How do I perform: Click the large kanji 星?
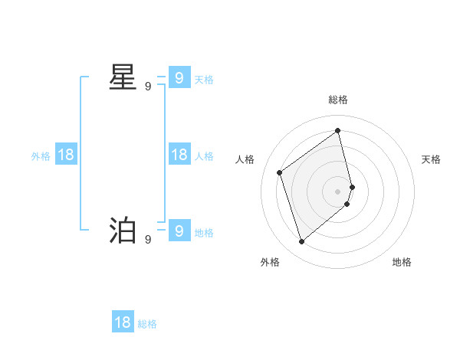123,78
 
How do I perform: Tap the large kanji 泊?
123,231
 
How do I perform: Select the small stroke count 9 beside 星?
148,87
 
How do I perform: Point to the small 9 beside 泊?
148,240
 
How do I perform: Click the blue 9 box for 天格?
179,78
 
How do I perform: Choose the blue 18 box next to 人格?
179,155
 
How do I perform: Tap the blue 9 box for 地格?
179,230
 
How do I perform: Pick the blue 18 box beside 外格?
66,155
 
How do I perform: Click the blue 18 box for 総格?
123,322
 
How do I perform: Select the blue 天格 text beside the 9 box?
204,80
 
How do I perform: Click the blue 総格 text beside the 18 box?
147,324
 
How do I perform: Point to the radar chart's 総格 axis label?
338,100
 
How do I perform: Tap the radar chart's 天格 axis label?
431,159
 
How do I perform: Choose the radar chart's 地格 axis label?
402,262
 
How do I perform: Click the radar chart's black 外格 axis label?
270,262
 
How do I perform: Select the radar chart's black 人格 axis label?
245,159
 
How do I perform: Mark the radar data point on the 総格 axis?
338,130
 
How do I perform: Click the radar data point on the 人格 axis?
280,172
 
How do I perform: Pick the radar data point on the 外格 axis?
302,242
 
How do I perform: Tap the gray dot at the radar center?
338,191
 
